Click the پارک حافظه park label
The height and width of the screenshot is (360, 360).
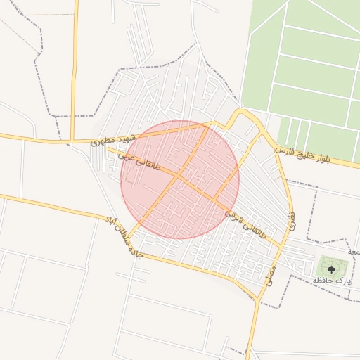(332, 280)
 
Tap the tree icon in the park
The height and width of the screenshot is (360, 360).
(332, 266)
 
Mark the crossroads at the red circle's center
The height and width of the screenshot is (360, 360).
(180, 179)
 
